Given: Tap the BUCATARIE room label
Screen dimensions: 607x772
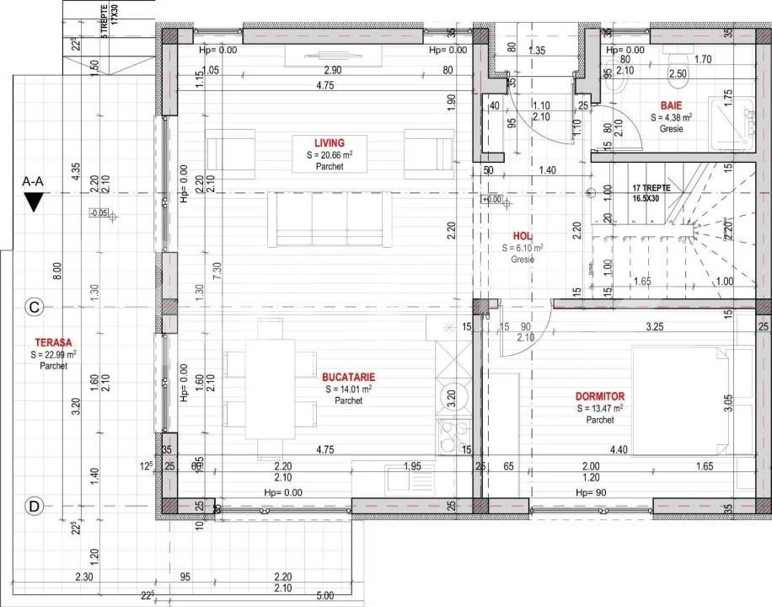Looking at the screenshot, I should click(348, 377).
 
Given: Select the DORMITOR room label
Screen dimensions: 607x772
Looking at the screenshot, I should click(599, 395).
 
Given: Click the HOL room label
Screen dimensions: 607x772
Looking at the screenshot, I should click(523, 237).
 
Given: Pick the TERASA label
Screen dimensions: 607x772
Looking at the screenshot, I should click(53, 343).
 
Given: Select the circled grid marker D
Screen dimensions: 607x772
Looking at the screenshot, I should click(35, 506).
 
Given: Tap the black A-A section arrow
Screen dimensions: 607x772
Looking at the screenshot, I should click(35, 201).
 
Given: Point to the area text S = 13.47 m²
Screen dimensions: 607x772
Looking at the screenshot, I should click(599, 408).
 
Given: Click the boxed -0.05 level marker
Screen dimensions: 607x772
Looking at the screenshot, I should click(99, 213).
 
